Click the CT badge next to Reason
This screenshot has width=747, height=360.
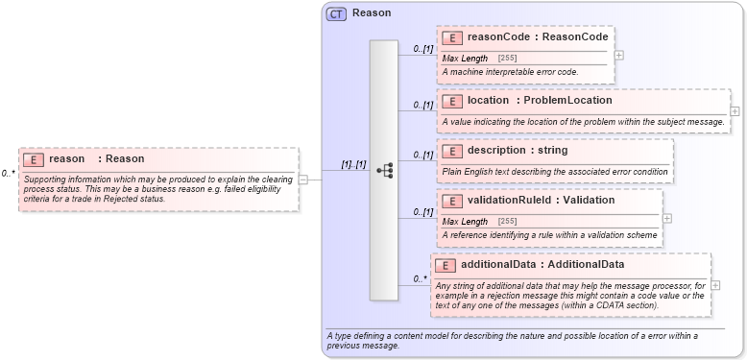[336, 13]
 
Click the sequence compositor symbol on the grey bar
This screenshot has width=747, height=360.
[385, 170]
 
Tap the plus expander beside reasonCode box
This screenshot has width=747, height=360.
[619, 55]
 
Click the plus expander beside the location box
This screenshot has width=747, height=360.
[735, 111]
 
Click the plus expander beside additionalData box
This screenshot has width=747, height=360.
[715, 285]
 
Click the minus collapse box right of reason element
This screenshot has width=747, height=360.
[302, 179]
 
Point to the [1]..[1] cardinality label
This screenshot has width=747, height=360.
[354, 164]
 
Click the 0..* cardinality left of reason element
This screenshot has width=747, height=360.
[9, 174]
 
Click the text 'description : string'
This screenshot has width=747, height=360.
[518, 150]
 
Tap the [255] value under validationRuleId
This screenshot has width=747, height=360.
[508, 222]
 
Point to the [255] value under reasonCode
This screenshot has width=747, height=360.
[508, 59]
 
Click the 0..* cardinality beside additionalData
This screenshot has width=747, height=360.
[420, 279]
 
